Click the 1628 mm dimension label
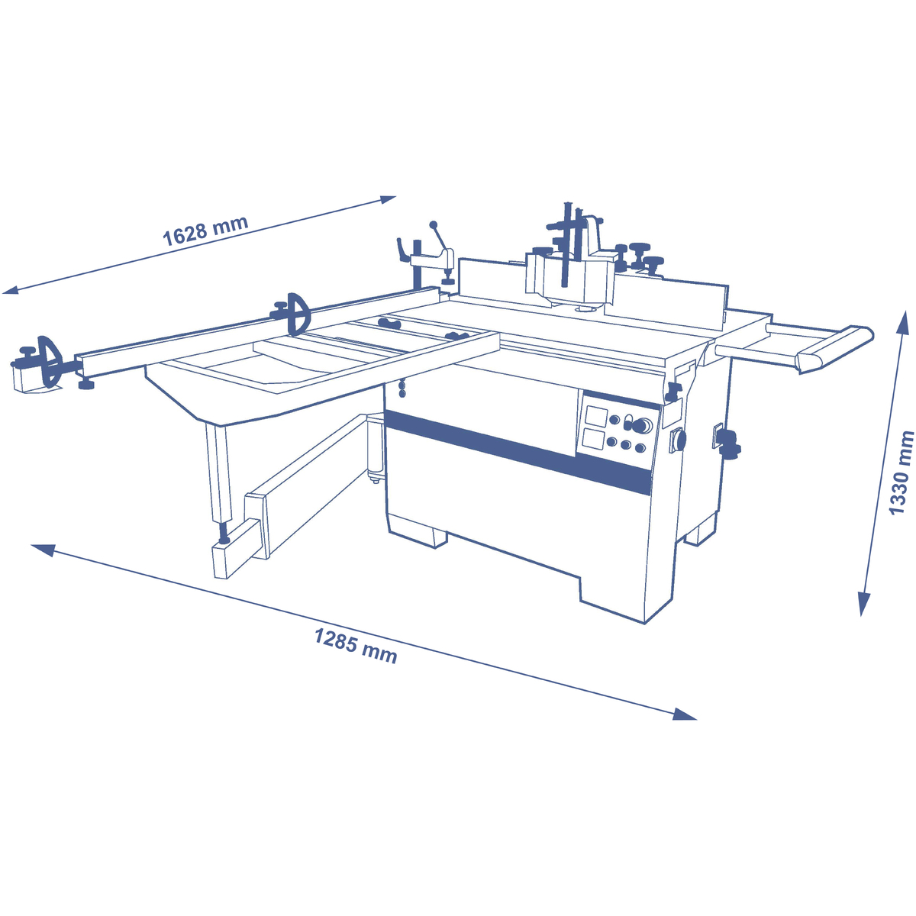point(205,229)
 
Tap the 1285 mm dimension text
point(356,645)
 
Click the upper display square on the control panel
point(595,416)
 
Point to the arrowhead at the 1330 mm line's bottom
point(864,605)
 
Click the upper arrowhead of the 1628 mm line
point(387,199)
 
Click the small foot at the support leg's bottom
point(224,540)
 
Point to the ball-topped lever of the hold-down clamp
point(434,224)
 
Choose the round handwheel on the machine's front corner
point(678,440)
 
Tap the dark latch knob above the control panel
point(674,392)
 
